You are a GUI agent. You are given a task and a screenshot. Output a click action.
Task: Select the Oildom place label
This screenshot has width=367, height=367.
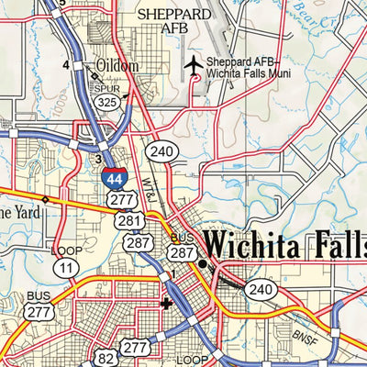tap(117, 66)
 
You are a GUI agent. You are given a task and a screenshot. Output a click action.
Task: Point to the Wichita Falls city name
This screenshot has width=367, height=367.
tap(284, 245)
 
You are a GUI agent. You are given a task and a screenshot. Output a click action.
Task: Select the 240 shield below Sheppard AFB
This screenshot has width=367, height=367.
tap(161, 152)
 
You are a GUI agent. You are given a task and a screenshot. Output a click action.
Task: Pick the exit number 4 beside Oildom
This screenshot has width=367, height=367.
tap(66, 65)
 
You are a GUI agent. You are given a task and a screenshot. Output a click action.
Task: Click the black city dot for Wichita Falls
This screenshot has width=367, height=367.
tap(203, 264)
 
